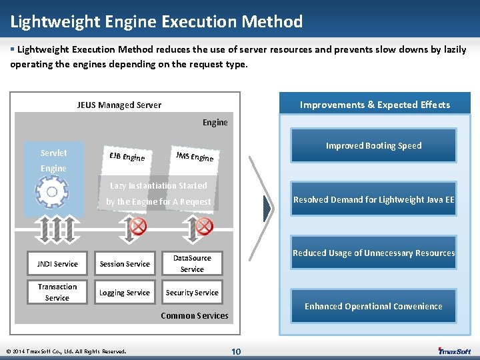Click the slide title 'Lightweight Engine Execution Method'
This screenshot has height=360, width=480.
157,22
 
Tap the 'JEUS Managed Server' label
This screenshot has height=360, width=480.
119,105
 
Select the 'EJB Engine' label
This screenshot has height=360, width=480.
127,157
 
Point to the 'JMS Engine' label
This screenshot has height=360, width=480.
195,155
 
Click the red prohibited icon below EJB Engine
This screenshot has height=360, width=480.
138,227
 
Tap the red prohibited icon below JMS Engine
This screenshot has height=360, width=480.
204,227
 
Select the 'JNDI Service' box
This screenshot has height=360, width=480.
57,264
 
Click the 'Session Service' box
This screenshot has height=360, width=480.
125,264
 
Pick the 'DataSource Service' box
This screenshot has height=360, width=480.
192,263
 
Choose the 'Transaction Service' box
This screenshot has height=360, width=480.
57,292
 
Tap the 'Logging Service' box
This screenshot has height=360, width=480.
125,293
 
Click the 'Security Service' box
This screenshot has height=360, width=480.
192,293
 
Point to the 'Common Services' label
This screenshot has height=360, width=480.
195,315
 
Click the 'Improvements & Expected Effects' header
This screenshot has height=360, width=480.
375,105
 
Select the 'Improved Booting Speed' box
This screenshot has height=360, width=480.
373,145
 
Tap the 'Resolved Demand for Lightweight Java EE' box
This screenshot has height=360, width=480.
373,199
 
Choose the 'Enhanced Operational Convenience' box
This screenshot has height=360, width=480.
373,306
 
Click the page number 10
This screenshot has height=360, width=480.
236,351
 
